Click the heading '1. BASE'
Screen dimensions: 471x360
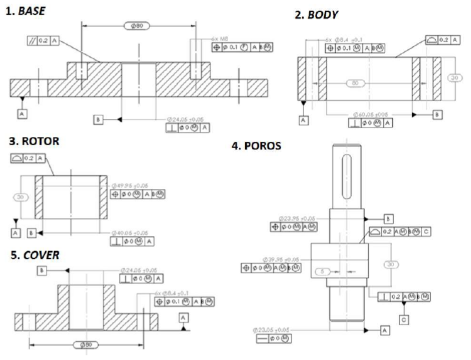click(25, 11)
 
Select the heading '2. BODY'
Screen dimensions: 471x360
click(316, 14)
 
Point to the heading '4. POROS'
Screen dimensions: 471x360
click(256, 145)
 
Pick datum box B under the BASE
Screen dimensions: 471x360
click(98, 119)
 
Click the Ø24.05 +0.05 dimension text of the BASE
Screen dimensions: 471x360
click(187, 118)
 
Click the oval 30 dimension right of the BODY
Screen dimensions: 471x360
click(452, 78)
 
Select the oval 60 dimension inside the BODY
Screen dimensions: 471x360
click(352, 83)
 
